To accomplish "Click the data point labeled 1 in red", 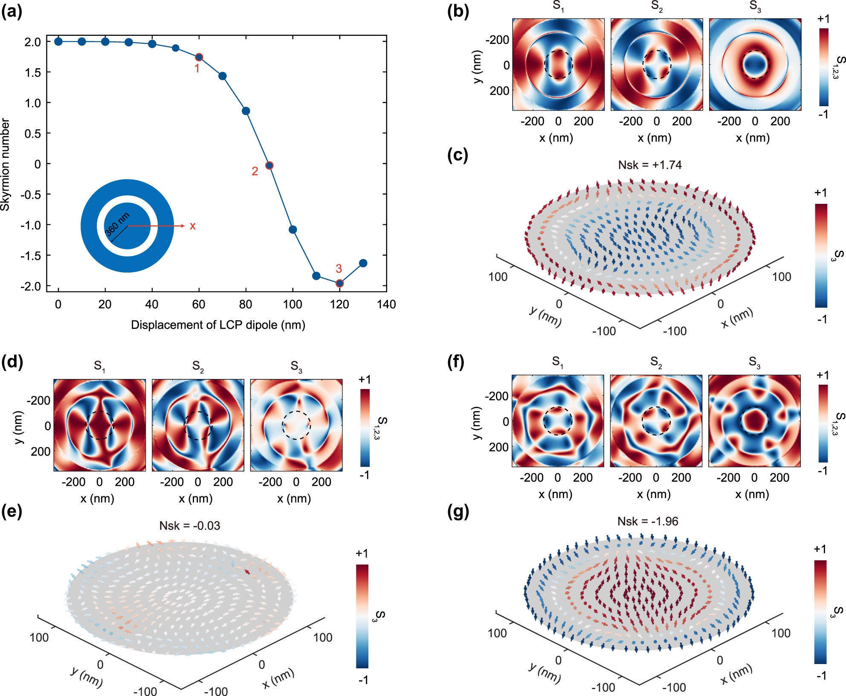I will pyautogui.click(x=199, y=57).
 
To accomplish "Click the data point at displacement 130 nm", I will pyautogui.click(x=363, y=263).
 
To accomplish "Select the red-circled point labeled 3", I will pyautogui.click(x=339, y=283).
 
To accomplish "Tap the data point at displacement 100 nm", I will pyautogui.click(x=293, y=229).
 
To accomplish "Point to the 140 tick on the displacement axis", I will pyautogui.click(x=386, y=304).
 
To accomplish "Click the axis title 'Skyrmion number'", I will pyautogui.click(x=5, y=164).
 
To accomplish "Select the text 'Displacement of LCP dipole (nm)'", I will pyautogui.click(x=218, y=325).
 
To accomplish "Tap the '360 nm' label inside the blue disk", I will pyautogui.click(x=117, y=224).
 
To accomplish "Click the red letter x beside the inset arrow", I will pyautogui.click(x=193, y=226).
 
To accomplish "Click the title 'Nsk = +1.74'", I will pyautogui.click(x=650, y=165).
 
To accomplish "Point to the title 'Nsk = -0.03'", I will pyautogui.click(x=190, y=525).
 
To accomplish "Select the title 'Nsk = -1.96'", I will pyautogui.click(x=648, y=521).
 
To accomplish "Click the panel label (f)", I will pyautogui.click(x=458, y=362).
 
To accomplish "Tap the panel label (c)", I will pyautogui.click(x=458, y=155).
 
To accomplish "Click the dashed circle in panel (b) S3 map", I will pyautogui.click(x=755, y=51).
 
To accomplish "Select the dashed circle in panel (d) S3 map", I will pyautogui.click(x=296, y=412).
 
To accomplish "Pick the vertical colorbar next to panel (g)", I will pyautogui.click(x=820, y=612).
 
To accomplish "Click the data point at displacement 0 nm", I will pyautogui.click(x=58, y=41).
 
